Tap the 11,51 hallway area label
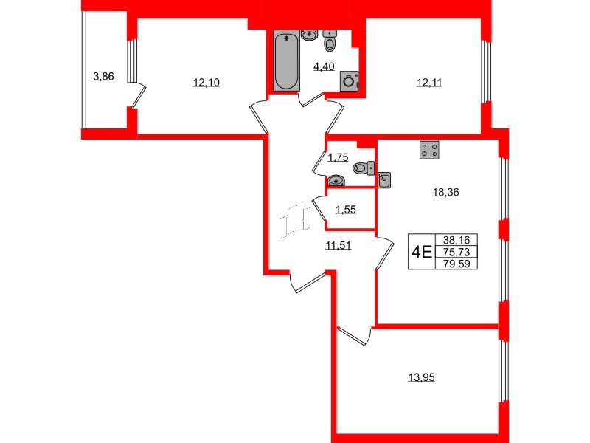[x=339, y=245]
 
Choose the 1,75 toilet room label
[x=338, y=157]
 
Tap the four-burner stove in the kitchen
[x=430, y=150]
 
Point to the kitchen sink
[x=384, y=179]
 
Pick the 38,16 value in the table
[x=457, y=239]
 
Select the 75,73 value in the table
[x=457, y=251]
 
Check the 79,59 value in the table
[x=457, y=263]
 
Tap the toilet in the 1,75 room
[x=362, y=168]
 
